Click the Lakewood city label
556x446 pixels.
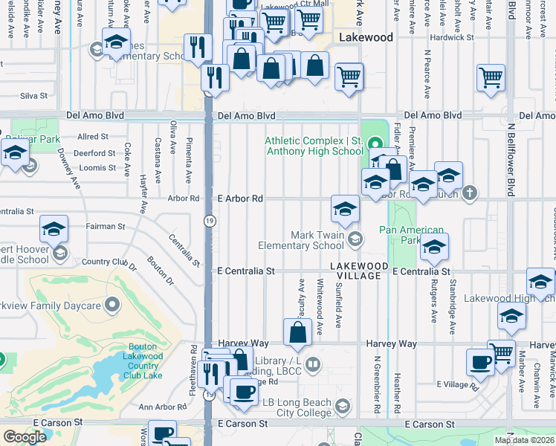coord(365,36)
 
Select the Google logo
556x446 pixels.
coord(25,437)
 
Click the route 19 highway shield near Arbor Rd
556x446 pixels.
coord(210,220)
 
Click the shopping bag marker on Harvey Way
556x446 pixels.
coord(297,333)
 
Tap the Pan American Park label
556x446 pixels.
coord(411,235)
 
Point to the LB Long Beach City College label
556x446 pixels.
coord(295,407)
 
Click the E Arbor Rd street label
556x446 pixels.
coord(241,199)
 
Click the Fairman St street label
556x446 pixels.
coord(105,226)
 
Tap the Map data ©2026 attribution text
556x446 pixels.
coord(523,440)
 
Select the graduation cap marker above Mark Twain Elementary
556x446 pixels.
coord(345,210)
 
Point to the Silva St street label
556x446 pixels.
coord(34,96)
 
